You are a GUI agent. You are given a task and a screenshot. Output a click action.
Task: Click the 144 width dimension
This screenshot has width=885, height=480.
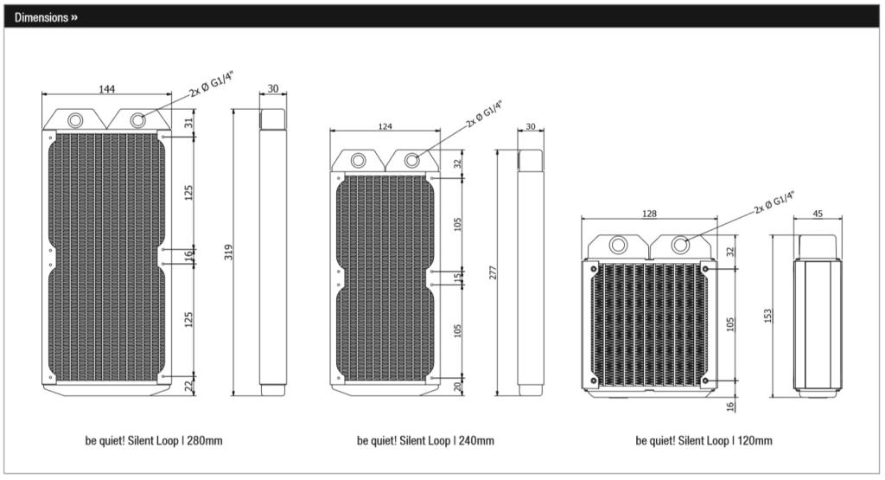tap(107, 89)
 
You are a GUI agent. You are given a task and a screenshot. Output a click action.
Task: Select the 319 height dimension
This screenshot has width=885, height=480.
tap(229, 253)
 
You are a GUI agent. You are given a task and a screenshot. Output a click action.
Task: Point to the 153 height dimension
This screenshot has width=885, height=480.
tap(769, 316)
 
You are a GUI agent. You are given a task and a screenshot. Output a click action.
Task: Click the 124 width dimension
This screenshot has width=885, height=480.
tap(385, 127)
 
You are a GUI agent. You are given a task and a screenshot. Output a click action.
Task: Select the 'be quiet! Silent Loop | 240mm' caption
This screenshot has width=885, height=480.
tap(426, 441)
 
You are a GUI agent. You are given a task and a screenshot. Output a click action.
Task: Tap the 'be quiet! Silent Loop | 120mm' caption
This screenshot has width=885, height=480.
tap(704, 441)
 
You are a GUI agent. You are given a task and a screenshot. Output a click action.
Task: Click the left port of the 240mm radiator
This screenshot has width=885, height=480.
tap(356, 160)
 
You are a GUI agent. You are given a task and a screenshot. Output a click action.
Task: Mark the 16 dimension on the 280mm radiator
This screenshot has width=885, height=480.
tap(188, 257)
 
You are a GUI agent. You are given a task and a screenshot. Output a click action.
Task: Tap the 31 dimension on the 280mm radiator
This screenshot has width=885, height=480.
tap(188, 123)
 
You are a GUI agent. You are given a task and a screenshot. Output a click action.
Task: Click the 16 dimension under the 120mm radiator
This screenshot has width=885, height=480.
tap(730, 406)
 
